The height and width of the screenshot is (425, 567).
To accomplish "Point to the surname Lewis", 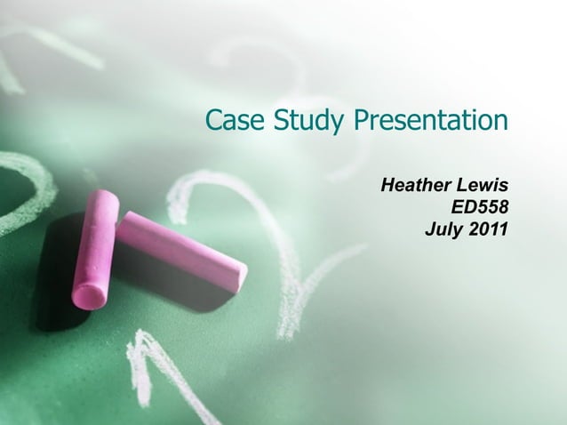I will pos(483,187).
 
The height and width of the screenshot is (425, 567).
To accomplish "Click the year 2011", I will pos(489,229).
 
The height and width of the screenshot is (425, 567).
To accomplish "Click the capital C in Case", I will pos(213,119).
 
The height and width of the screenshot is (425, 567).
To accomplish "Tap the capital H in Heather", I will pos(387,187).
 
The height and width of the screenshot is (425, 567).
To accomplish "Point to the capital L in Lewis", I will pos(464,187).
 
